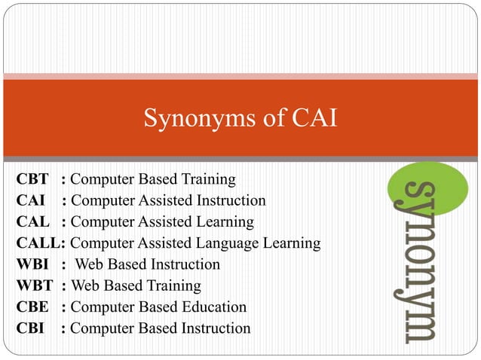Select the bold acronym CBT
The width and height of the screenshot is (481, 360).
click(x=33, y=180)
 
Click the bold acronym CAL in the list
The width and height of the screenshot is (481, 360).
click(x=33, y=222)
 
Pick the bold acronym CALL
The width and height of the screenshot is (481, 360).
click(x=39, y=243)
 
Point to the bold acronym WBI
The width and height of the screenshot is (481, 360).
click(x=32, y=264)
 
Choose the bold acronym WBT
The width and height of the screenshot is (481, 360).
click(x=34, y=285)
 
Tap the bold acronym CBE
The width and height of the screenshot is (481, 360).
click(x=33, y=307)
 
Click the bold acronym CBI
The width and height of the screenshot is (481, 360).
click(x=32, y=328)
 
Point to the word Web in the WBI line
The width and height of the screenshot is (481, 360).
click(x=90, y=264)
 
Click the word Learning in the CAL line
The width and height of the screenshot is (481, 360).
click(x=224, y=222)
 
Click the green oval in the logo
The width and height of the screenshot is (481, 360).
click(x=427, y=187)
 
